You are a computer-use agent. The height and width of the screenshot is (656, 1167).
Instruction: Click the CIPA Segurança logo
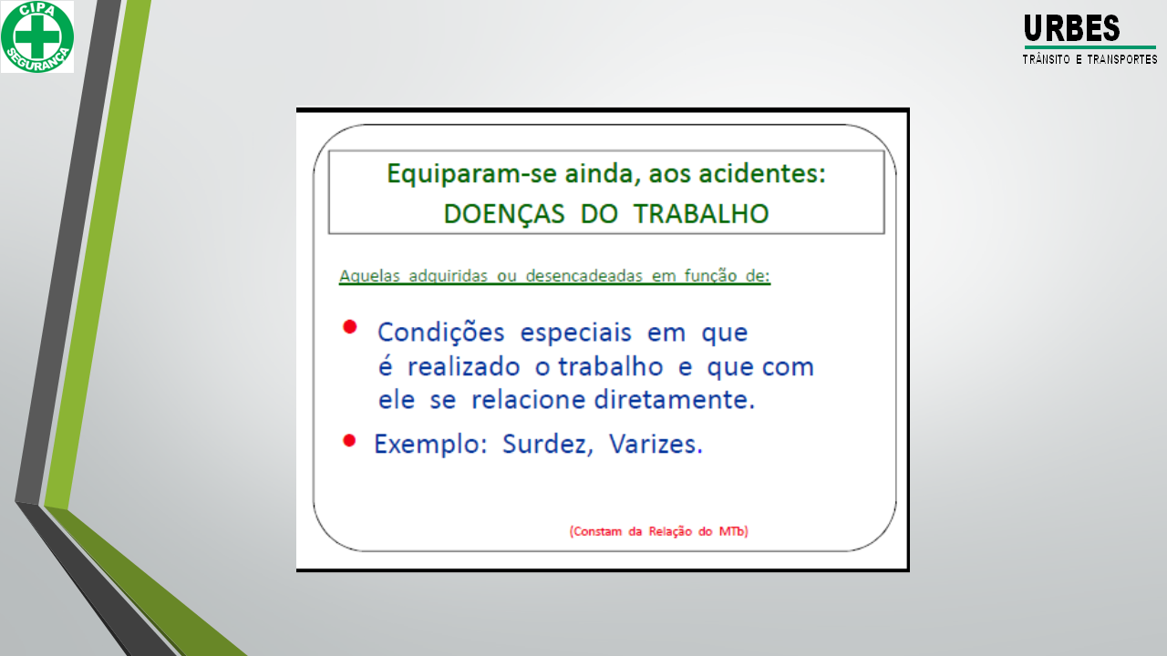[x=37, y=36]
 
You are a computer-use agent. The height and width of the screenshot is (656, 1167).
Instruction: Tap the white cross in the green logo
[x=37, y=36]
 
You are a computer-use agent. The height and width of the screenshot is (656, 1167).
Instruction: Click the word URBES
[x=1071, y=28]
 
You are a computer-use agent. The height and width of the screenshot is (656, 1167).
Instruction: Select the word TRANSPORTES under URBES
[x=1122, y=59]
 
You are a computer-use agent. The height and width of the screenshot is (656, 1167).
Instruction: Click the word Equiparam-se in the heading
[x=453, y=174]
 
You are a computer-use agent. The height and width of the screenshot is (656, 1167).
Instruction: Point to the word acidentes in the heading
[x=762, y=173]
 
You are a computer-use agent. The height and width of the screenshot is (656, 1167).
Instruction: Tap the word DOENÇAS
[x=504, y=214]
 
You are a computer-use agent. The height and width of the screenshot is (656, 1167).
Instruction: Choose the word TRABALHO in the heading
[x=701, y=213]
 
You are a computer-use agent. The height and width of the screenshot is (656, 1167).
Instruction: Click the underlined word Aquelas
[x=369, y=275]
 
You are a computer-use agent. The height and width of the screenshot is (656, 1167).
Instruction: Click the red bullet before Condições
[x=349, y=327]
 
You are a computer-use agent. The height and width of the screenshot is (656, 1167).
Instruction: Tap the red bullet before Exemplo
[x=349, y=441]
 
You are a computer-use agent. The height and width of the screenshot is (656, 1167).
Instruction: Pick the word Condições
[x=440, y=333]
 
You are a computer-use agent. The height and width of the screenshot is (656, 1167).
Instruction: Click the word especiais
[x=575, y=333]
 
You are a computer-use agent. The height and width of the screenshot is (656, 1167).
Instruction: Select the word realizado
[x=464, y=366]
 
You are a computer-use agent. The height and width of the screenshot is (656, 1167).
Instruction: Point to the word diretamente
[x=674, y=400]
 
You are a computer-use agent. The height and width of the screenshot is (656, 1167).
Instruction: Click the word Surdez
[x=548, y=444]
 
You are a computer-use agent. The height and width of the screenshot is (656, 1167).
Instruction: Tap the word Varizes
[x=656, y=444]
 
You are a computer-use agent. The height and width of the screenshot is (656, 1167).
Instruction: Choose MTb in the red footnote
[x=734, y=531]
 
